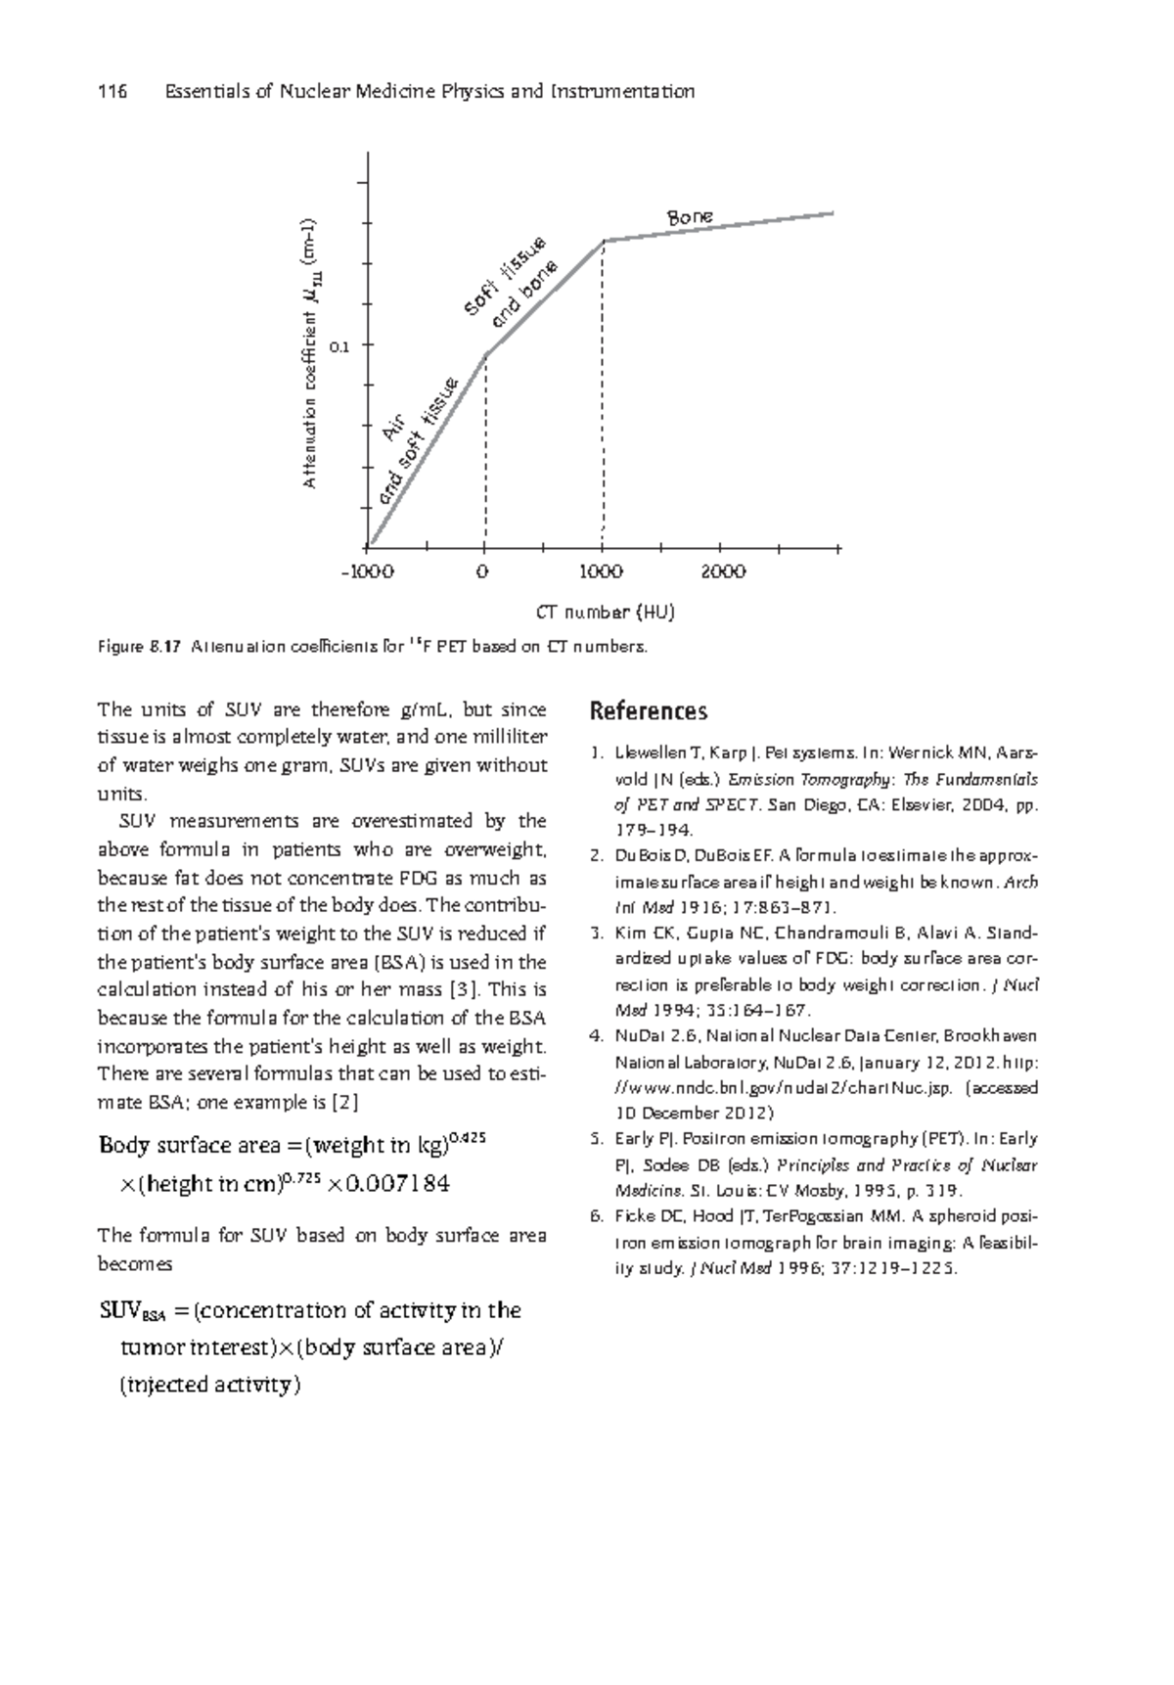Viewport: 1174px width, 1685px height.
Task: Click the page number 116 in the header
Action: [x=113, y=92]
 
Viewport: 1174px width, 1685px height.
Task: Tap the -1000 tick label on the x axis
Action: [x=368, y=572]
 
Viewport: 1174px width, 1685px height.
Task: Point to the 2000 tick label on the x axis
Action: [x=724, y=572]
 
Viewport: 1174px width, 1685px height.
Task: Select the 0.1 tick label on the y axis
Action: [x=339, y=346]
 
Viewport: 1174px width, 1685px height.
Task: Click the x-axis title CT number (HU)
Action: [x=607, y=614]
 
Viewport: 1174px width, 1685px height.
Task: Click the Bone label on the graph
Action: [x=690, y=217]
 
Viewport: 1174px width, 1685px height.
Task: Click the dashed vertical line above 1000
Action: [x=604, y=391]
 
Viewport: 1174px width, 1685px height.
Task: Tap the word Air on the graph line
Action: [x=394, y=428]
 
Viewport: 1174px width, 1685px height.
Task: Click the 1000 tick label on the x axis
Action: [x=602, y=572]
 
